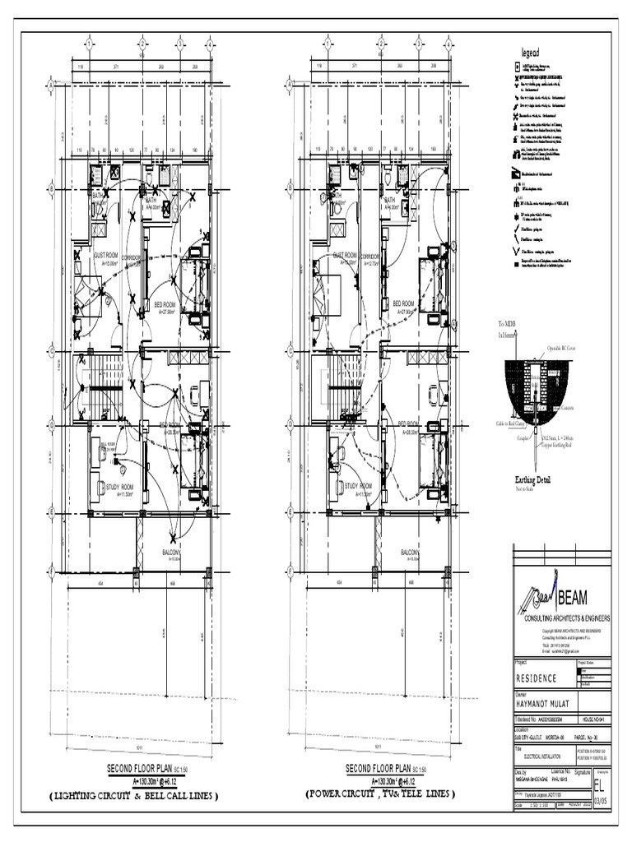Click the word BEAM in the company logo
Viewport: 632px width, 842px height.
576,596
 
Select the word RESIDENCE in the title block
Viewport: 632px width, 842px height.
536,678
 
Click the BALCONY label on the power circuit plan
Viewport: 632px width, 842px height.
412,552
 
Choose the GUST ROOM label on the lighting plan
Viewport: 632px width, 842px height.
109,256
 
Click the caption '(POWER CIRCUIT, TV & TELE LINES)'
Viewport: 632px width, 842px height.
380,795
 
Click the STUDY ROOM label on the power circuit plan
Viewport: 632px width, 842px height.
359,486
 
